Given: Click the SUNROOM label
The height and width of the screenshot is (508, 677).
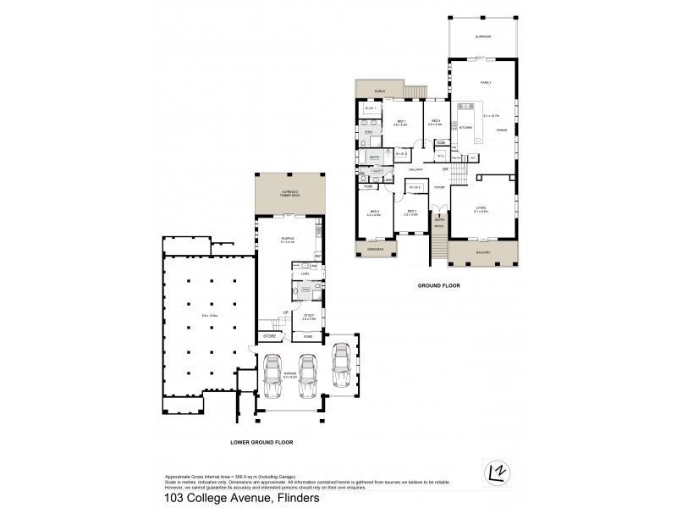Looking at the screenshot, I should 483,37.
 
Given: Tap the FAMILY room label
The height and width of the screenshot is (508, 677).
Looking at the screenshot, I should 486,83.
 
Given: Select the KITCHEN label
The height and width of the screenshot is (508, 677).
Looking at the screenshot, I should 465,128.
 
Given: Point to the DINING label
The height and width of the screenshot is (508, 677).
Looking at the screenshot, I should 502,130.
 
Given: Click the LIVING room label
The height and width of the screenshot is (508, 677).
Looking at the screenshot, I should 480,208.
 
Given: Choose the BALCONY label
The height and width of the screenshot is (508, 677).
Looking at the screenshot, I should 482,252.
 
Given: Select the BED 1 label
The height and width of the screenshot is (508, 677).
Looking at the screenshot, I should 401,122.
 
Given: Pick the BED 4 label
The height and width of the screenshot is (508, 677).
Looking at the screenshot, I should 436,121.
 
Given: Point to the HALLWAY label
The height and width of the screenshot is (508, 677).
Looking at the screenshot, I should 416,169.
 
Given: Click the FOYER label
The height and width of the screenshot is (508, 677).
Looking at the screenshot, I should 439,187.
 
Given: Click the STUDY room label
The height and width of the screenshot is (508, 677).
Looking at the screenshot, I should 309,316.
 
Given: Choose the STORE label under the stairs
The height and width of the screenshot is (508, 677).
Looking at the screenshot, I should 269,336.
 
